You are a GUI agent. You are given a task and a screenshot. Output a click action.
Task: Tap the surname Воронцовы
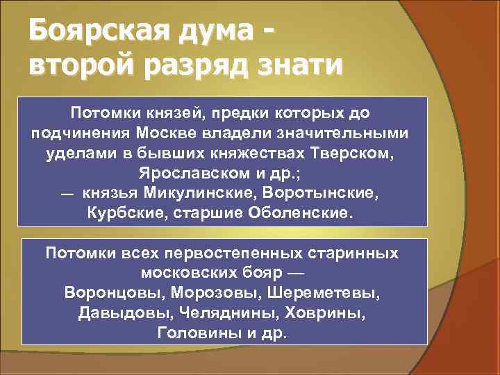tap(118, 292)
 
